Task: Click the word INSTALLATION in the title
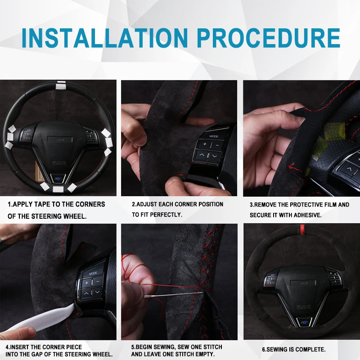[105, 38]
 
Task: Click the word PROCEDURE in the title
[268, 38]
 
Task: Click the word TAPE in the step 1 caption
[42, 204]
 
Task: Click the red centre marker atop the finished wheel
[302, 229]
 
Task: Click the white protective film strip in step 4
[39, 318]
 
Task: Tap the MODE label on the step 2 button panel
[213, 136]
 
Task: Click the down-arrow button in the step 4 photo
[97, 292]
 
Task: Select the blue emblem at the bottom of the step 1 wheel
[58, 178]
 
